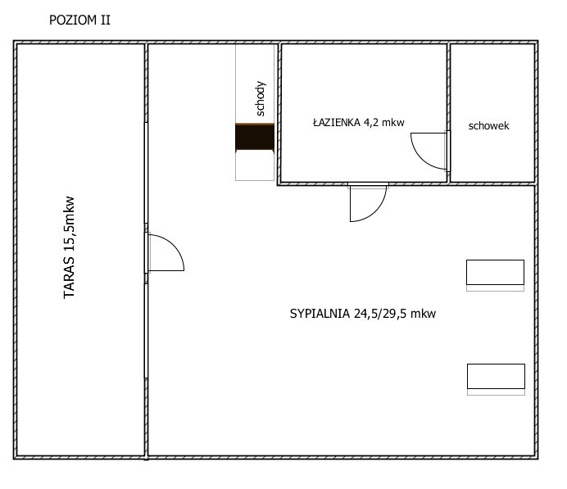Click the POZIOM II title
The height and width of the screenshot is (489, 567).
pos(79,20)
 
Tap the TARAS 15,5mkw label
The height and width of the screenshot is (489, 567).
pos(69,247)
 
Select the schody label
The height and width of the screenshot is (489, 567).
pos(261,98)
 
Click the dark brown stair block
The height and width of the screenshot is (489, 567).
pos(255,138)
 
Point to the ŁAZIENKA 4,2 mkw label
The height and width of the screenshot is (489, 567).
pos(358,123)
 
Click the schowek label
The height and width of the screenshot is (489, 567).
pos(488,126)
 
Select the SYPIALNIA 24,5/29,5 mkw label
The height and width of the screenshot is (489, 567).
pos(363,314)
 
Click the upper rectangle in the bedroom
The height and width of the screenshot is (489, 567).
pos(495,272)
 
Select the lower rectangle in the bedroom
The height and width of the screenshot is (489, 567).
pos(496,376)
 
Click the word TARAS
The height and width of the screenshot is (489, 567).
pos(69,277)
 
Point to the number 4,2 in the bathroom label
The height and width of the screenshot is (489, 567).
pos(371,123)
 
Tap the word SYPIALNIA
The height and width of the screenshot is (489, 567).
pos(320,314)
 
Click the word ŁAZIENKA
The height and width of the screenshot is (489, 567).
pos(337,123)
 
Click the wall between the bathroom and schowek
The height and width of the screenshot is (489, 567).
pos(448,112)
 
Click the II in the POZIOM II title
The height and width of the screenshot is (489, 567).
pos(105,20)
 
